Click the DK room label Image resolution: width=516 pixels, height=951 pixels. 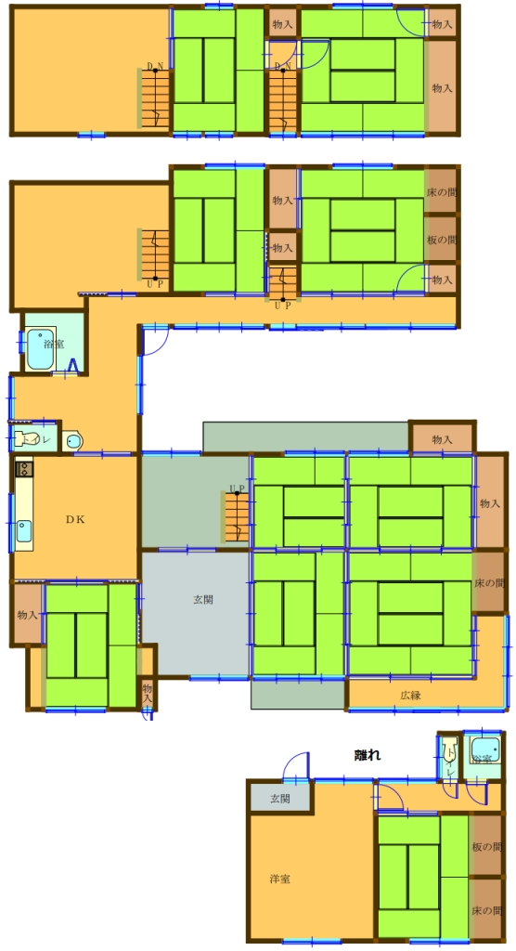tap(75, 519)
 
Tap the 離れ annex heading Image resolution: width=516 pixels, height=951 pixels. tap(368, 755)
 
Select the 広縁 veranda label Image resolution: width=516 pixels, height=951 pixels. tap(412, 695)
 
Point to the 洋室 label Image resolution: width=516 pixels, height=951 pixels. tap(279, 878)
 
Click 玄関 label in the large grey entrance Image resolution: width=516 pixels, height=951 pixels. tap(203, 600)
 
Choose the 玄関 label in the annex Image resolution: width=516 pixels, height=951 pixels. tap(279, 798)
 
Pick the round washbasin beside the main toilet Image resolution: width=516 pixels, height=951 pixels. tap(73, 440)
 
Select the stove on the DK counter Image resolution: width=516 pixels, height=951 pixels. tap(23, 469)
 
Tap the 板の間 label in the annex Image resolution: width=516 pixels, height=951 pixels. tap(487, 847)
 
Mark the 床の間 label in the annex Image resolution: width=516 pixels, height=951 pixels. tap(487, 910)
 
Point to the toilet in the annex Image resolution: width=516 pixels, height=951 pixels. tap(449, 749)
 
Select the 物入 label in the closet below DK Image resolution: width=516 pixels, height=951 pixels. tap(27, 615)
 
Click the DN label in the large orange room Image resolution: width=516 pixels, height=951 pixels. tap(155, 66)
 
